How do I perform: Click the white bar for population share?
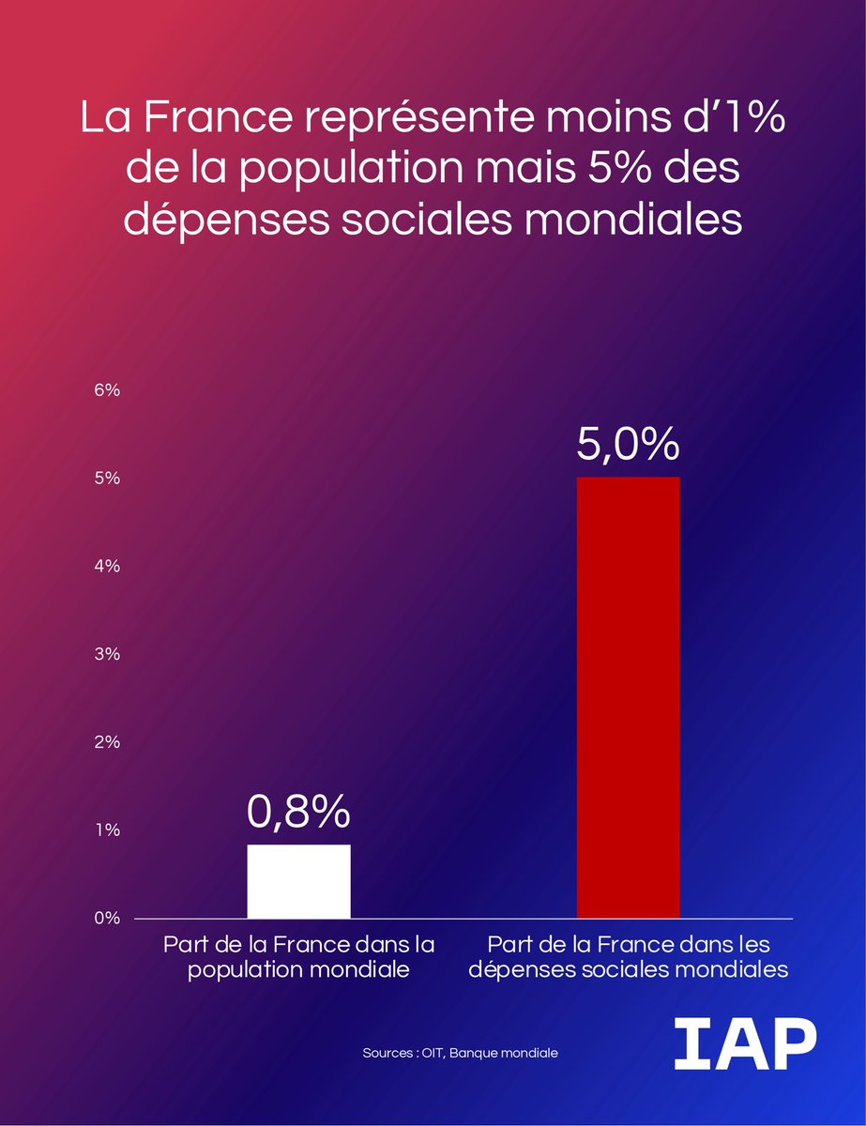(x=298, y=881)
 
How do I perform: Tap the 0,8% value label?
(x=298, y=813)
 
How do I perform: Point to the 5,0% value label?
(x=628, y=445)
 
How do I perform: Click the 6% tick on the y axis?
(x=107, y=390)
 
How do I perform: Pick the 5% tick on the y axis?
(x=107, y=479)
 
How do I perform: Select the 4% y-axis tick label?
(x=107, y=567)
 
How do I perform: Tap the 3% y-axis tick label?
(x=107, y=654)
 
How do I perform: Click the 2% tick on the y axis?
(x=107, y=742)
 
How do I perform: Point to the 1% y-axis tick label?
(x=107, y=830)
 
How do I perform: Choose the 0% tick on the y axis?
(x=107, y=919)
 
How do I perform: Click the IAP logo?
(x=744, y=1043)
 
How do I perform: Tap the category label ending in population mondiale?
(x=298, y=956)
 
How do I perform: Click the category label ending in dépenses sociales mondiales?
(x=628, y=956)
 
